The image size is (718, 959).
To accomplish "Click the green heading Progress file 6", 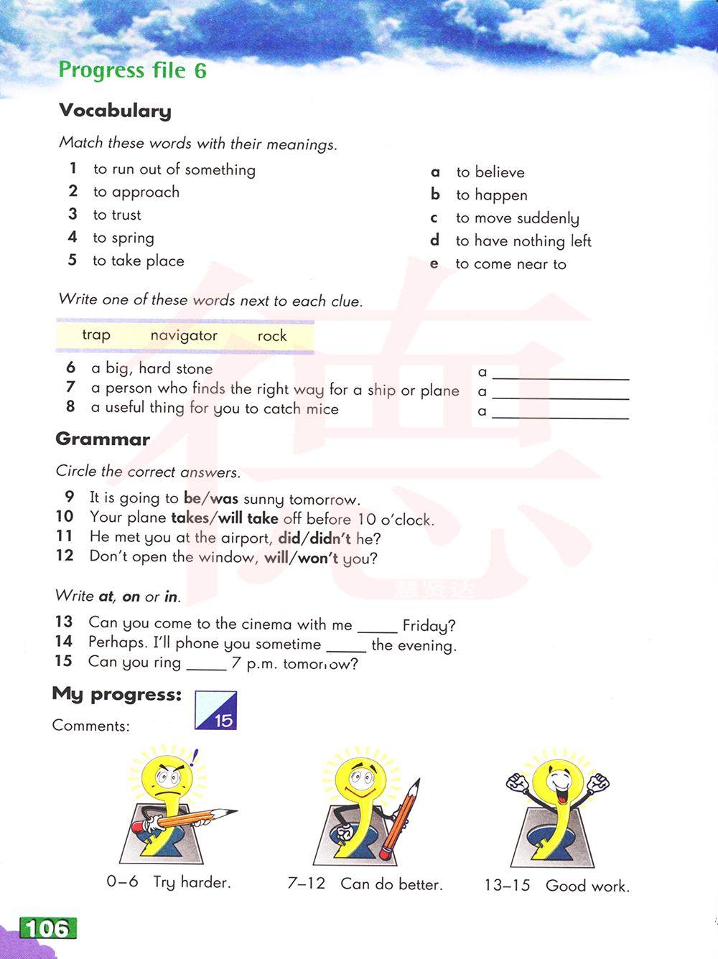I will (132, 70).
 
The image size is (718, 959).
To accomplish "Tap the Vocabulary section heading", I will (115, 111).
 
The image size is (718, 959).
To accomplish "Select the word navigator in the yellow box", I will (184, 336).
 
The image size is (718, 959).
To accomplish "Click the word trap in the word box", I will (96, 335).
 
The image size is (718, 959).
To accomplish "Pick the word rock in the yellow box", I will (272, 336).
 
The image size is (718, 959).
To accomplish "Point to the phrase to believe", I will (490, 172).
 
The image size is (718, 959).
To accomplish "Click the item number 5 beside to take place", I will (72, 260).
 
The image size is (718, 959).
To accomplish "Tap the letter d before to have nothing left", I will (434, 240).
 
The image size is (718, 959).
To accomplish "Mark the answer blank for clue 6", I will (560, 375).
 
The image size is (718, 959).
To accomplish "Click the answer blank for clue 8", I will (560, 414).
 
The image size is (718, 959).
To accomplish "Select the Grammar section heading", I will (103, 439).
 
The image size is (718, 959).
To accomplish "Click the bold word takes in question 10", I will (189, 518).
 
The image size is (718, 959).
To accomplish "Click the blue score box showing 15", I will (216, 711).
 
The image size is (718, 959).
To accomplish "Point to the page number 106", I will (47, 929).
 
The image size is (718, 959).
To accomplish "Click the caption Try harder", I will (192, 882).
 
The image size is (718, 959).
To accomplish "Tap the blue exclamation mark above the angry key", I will (194, 757).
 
